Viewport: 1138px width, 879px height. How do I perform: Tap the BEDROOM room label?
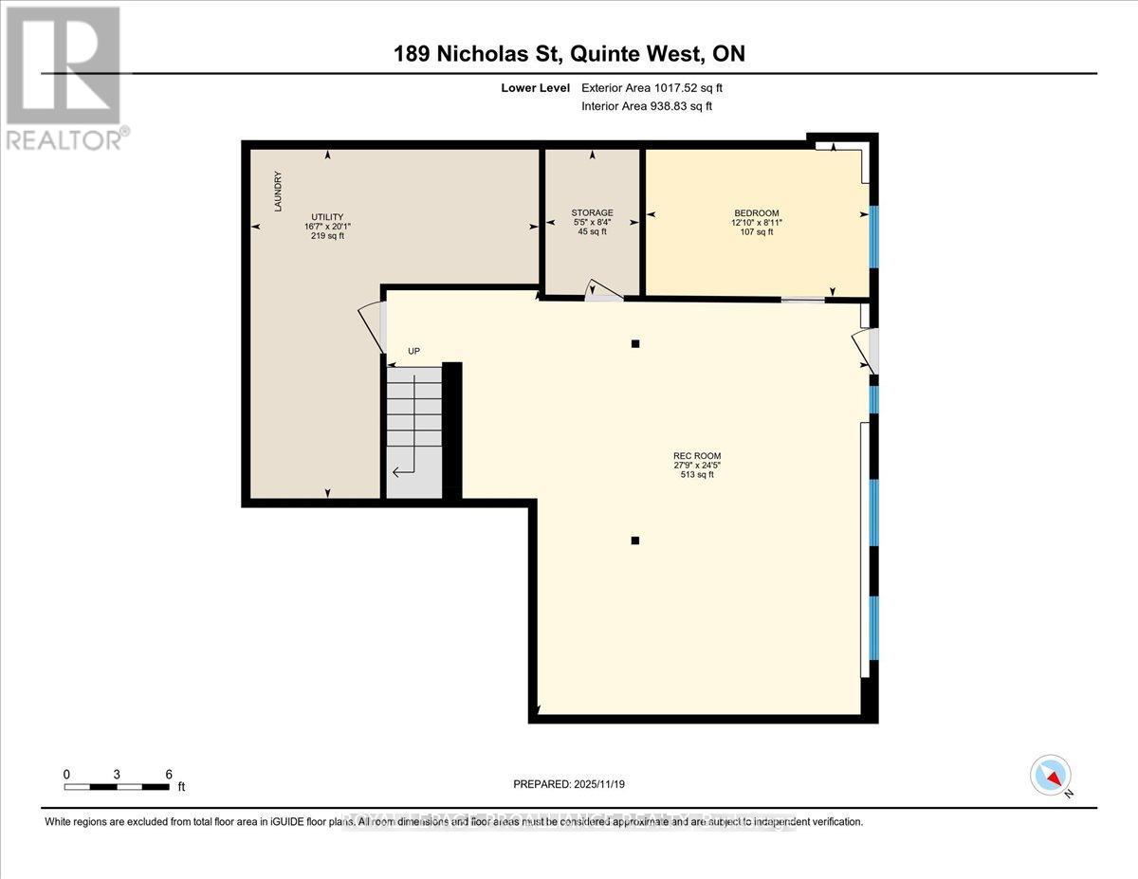(x=756, y=212)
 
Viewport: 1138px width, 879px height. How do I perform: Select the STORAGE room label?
(x=592, y=212)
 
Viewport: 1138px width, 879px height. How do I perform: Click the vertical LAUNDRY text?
(x=278, y=191)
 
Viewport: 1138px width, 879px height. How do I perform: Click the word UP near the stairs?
(x=413, y=351)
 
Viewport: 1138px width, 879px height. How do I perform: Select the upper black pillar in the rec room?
(x=635, y=343)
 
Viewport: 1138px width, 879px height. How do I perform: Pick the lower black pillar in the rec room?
(x=635, y=540)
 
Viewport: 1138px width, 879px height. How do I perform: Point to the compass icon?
(x=1050, y=775)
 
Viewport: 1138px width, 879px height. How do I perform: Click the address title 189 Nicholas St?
(x=569, y=54)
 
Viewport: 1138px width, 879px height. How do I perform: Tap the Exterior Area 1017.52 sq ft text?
(x=658, y=88)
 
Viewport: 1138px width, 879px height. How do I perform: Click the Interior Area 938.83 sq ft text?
(x=647, y=106)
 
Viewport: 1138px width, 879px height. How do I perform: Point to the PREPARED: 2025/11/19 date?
(x=569, y=784)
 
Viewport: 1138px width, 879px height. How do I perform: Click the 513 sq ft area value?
(x=697, y=475)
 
